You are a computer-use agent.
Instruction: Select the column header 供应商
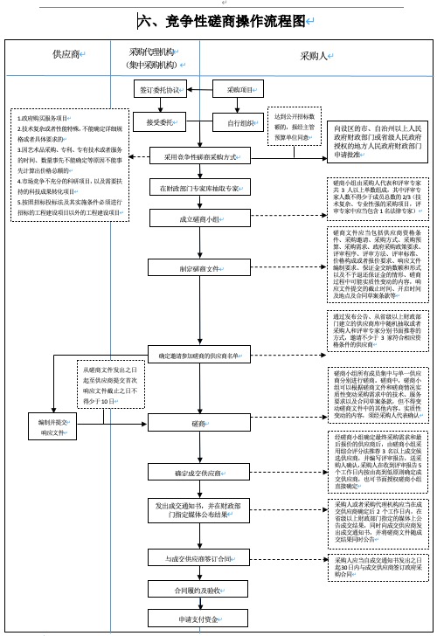(x=66, y=55)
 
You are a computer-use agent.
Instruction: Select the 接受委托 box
(x=159, y=122)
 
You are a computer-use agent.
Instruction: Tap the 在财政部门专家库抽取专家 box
(x=200, y=189)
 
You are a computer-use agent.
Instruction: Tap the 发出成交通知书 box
(x=200, y=509)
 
